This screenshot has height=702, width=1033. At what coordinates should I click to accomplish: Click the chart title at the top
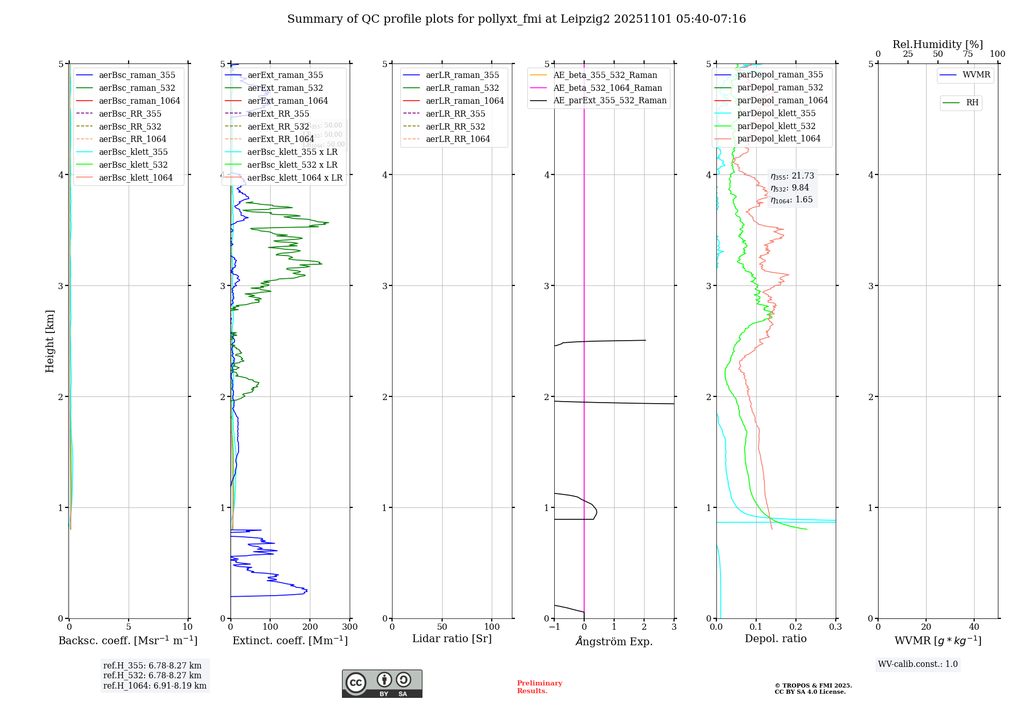click(x=516, y=19)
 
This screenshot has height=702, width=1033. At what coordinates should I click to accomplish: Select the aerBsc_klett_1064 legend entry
click(x=135, y=178)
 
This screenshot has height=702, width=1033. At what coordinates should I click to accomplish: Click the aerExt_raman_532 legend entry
click(x=285, y=88)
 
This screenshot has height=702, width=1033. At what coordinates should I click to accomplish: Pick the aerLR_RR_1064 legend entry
click(x=458, y=139)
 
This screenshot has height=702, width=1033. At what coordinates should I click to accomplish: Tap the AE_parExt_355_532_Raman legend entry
click(x=609, y=100)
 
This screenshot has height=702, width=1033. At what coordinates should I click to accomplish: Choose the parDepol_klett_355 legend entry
click(x=776, y=113)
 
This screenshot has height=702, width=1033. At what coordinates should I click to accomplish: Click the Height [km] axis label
click(x=50, y=341)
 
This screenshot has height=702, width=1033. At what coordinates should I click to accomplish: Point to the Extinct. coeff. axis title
click(x=290, y=641)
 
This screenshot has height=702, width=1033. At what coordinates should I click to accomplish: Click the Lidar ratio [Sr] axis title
click(x=452, y=639)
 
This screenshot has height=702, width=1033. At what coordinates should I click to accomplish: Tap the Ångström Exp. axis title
click(x=614, y=641)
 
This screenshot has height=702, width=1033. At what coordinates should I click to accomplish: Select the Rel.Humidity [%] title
click(x=937, y=44)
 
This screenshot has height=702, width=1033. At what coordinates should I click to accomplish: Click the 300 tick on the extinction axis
click(x=350, y=627)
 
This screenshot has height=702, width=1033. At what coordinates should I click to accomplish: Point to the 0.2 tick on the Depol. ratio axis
click(x=796, y=627)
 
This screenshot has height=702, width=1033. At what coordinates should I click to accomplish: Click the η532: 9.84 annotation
click(x=790, y=188)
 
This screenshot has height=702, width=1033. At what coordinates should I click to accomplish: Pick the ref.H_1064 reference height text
click(x=155, y=685)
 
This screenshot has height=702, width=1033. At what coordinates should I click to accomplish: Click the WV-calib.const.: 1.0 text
click(x=918, y=664)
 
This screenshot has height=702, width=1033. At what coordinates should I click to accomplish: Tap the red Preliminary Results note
click(x=539, y=687)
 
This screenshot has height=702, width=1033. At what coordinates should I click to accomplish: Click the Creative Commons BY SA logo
click(x=382, y=684)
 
